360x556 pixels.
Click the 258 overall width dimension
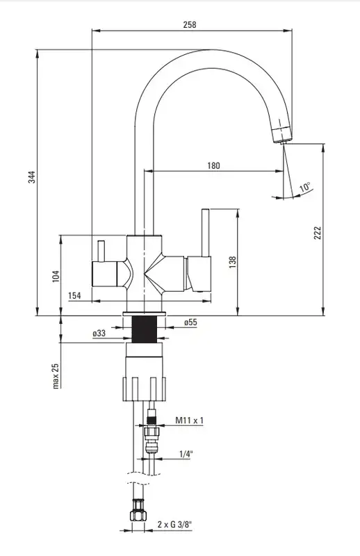(190, 24)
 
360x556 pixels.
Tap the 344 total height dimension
(32, 177)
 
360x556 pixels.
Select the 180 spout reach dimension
(213, 165)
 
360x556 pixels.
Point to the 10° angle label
(304, 187)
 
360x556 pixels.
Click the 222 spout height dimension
(318, 233)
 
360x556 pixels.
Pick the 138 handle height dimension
(233, 262)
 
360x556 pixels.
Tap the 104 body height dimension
(56, 276)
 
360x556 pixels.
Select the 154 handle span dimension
(74, 295)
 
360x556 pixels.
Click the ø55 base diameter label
(190, 322)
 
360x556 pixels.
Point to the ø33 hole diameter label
(99, 333)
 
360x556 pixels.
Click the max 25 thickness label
(56, 376)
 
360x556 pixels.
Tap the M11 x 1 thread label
(190, 420)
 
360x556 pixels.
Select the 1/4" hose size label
(186, 454)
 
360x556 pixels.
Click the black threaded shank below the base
(145, 329)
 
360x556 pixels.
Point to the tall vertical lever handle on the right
(205, 232)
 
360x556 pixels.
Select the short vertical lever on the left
(101, 251)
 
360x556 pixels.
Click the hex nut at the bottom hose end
(138, 511)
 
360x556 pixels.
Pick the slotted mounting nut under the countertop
(145, 389)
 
